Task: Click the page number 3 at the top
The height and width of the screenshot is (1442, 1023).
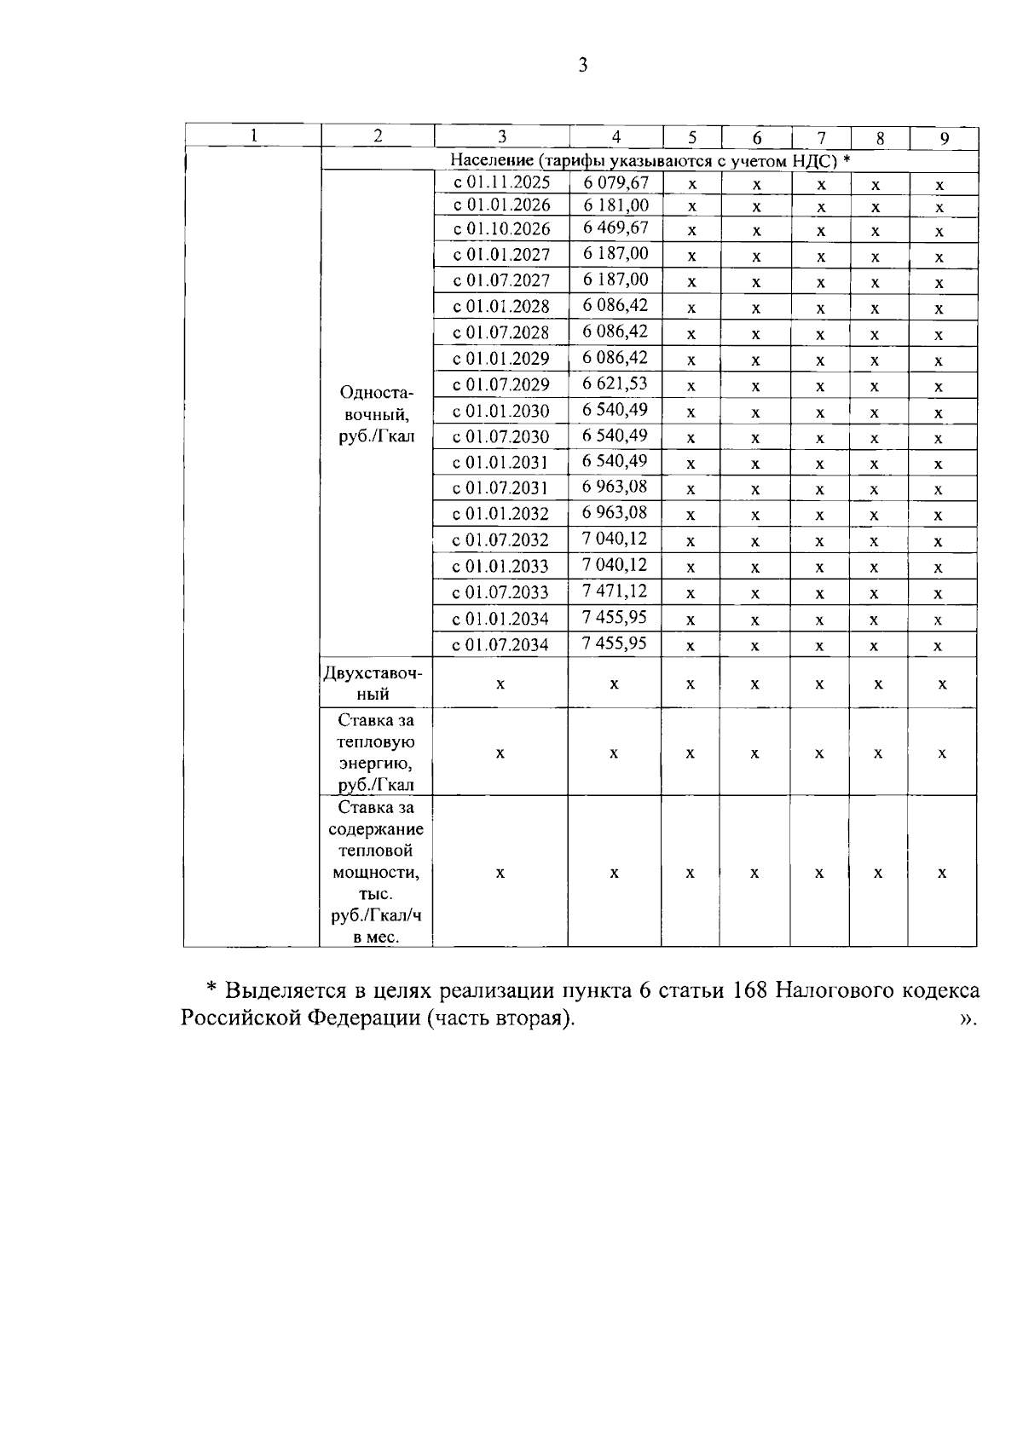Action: tap(583, 66)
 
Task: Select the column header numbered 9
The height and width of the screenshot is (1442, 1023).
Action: tap(944, 138)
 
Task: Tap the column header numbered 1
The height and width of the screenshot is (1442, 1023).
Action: tap(253, 136)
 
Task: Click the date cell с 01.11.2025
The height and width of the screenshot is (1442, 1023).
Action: tap(501, 182)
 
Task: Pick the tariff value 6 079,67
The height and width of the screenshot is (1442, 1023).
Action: tap(616, 182)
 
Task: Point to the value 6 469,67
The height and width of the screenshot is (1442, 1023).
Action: tap(616, 228)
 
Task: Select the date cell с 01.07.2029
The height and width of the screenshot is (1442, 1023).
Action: tap(501, 384)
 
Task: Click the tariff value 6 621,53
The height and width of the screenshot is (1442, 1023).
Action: tap(616, 384)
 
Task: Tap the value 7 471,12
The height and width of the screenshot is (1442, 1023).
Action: tap(616, 591)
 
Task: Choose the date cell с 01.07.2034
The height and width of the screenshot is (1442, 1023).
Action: tap(501, 644)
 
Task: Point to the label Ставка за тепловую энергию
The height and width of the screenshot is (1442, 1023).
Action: tap(375, 753)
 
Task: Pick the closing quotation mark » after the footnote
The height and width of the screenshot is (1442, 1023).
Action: tap(967, 1019)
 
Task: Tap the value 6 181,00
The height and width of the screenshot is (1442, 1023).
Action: tap(616, 205)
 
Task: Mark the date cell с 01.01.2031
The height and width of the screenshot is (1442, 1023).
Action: tap(501, 463)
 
